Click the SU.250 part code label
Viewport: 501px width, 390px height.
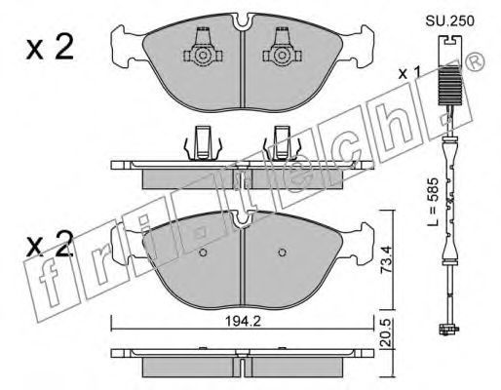(450, 21)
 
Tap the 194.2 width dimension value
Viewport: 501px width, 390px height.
(244, 322)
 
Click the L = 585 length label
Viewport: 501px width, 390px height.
(433, 202)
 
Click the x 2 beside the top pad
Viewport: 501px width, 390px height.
(50, 48)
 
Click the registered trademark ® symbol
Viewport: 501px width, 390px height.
(475, 62)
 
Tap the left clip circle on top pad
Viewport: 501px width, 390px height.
(203, 56)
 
